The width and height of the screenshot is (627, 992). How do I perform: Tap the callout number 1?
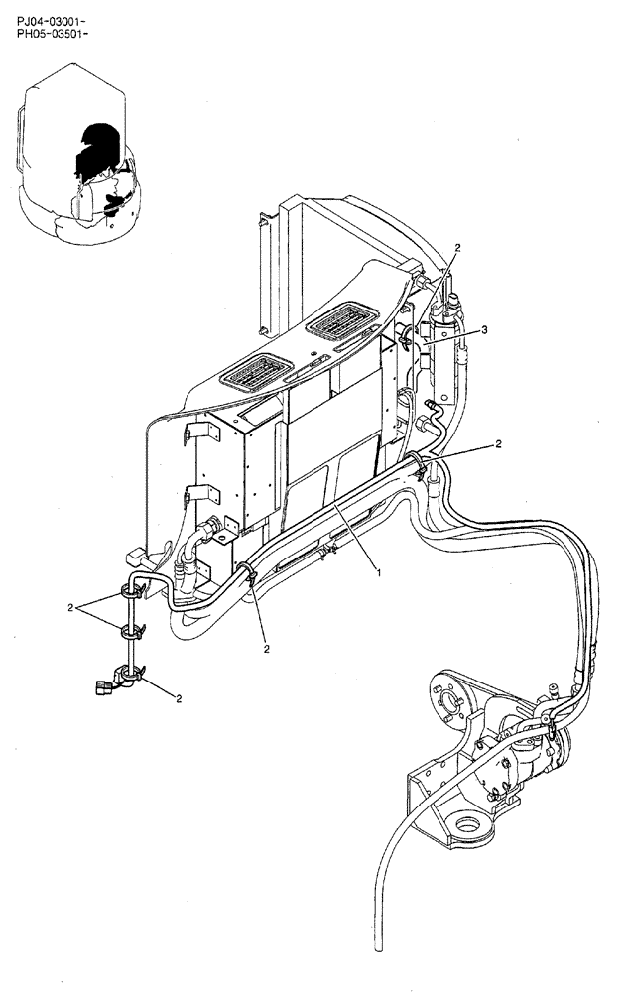pos(379,571)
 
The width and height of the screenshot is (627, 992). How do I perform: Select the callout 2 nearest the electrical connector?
pos(179,699)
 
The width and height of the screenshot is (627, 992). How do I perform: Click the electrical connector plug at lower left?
pos(104,683)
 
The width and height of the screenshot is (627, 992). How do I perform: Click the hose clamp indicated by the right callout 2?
pos(422,463)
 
